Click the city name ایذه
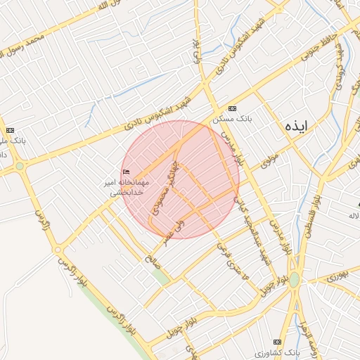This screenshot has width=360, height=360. point(297,127)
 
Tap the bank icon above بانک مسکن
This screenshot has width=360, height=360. point(232,108)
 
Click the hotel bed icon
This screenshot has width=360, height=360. point(126,173)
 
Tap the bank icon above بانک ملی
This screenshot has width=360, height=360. point(10,130)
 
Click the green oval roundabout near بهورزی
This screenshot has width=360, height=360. point(295,279)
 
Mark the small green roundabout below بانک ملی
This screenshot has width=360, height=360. point(19,167)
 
